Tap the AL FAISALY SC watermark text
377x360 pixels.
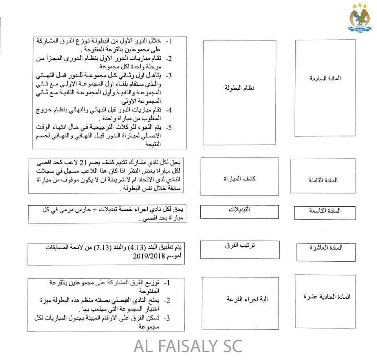click(188, 346)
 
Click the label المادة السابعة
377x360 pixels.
click(326, 78)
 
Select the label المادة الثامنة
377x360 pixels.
click(323, 180)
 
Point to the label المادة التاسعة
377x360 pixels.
click(325, 211)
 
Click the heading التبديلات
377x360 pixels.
click(240, 209)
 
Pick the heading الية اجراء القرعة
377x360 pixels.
click(240, 299)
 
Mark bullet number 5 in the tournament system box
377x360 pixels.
click(169, 127)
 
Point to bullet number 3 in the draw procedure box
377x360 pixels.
click(168, 318)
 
